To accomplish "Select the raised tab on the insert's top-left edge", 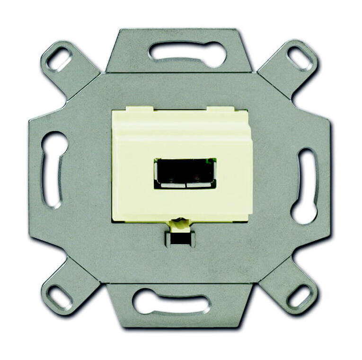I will pyautogui.click(x=127, y=111).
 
